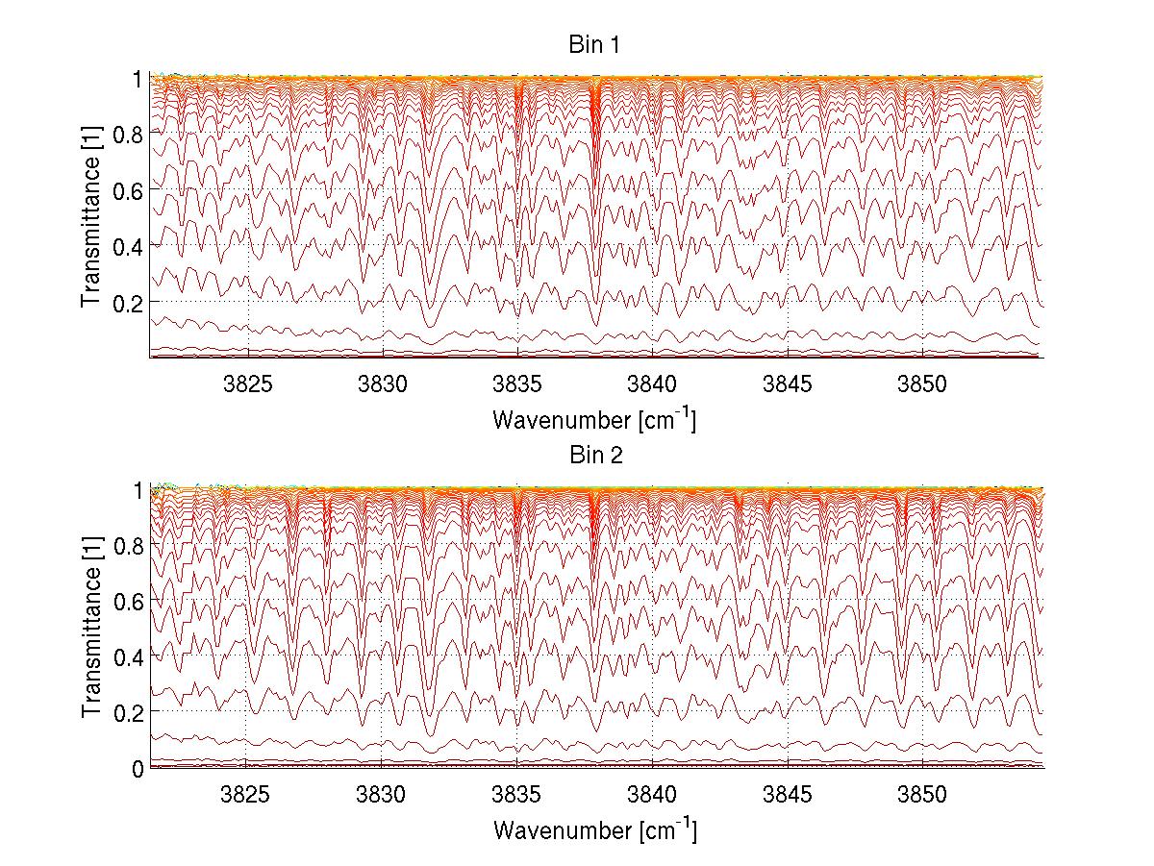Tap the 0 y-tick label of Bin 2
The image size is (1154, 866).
click(138, 768)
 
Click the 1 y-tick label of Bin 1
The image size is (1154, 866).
click(138, 79)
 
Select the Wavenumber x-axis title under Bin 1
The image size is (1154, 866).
click(594, 420)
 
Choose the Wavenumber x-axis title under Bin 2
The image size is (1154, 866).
click(594, 829)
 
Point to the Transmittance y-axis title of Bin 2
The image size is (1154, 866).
click(91, 629)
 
